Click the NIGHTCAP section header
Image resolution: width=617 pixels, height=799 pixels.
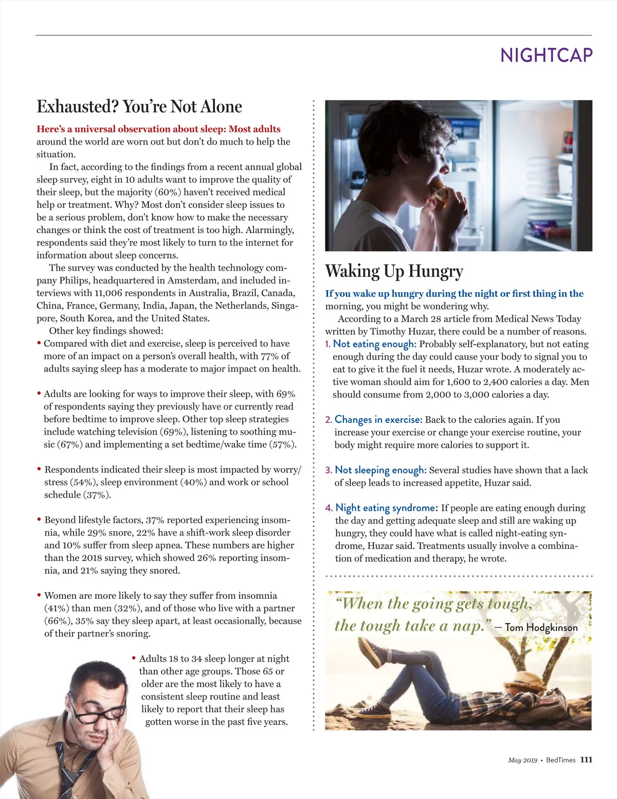[546, 55]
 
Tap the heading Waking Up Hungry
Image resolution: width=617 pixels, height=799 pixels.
[394, 271]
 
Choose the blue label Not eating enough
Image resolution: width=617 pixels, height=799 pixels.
[374, 344]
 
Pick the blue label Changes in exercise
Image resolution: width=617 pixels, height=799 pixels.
[378, 419]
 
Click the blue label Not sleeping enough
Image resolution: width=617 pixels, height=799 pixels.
[380, 470]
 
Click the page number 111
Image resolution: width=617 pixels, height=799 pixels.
[586, 760]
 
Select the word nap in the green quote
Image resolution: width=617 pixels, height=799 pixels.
[468, 626]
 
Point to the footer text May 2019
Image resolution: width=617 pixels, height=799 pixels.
[522, 760]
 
